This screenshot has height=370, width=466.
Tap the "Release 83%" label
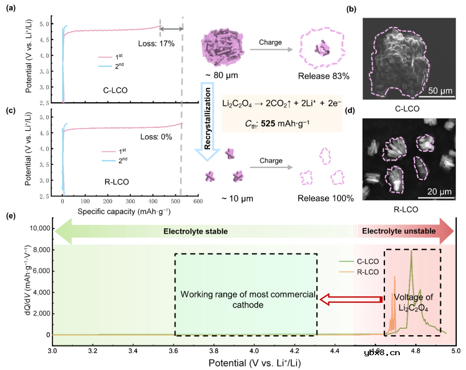pos(323,76)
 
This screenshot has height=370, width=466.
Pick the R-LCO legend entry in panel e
pos(367,273)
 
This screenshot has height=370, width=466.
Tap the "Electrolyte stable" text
pos(195,231)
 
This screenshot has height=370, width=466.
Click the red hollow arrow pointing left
pos(350,299)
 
